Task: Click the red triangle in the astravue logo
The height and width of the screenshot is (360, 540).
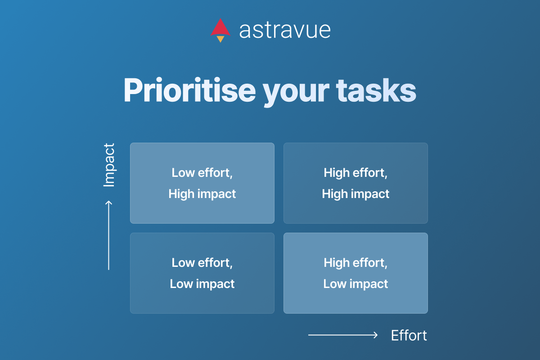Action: coord(220,28)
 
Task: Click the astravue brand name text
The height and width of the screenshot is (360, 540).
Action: coord(285,30)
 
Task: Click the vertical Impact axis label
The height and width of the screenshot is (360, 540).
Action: coord(109,165)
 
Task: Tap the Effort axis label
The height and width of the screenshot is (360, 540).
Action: coord(409,336)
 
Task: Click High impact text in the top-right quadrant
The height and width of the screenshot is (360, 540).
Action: coord(355,194)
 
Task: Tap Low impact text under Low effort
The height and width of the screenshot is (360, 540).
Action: coord(202,284)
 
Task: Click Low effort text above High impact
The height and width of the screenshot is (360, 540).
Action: coord(202,173)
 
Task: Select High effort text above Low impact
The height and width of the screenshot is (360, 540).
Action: coord(355,263)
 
